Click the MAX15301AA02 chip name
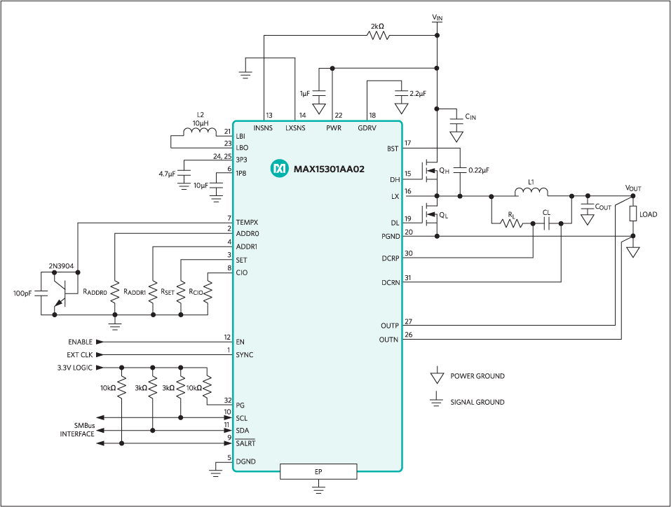(329, 169)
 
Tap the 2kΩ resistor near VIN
(379, 35)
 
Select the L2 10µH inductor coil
(201, 132)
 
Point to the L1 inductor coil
(531, 192)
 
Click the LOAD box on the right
(633, 214)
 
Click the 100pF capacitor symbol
(41, 293)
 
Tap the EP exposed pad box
(318, 471)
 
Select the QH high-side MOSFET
(430, 171)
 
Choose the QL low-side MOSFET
(430, 215)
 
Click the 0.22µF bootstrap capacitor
(460, 170)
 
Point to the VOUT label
(633, 188)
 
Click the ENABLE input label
(80, 342)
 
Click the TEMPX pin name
(247, 223)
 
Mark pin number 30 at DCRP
(409, 253)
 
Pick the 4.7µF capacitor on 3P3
(184, 175)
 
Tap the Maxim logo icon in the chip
(280, 169)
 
